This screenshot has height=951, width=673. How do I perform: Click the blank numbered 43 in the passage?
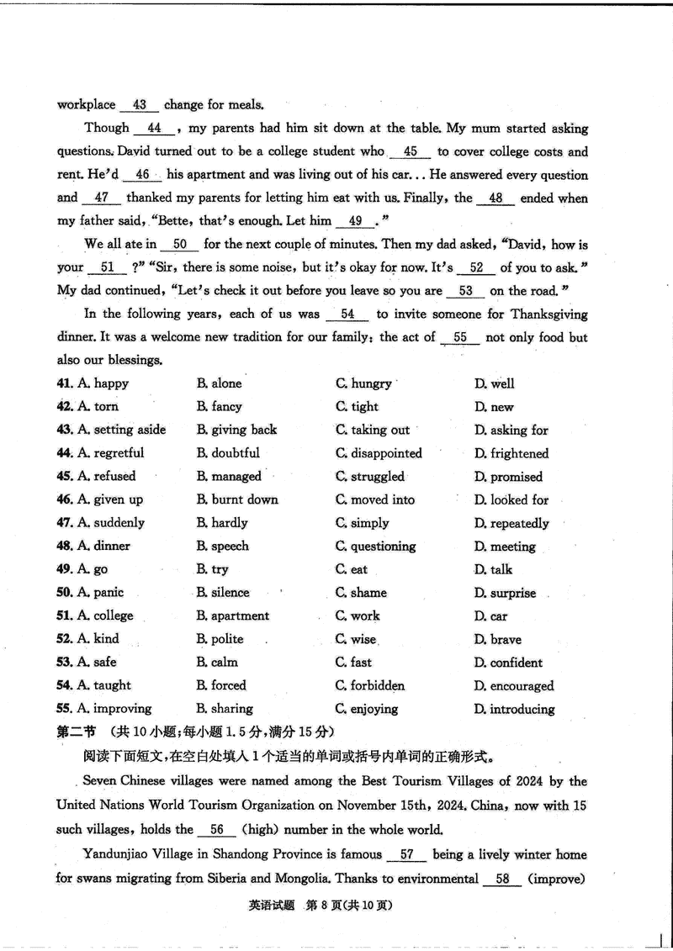click(140, 105)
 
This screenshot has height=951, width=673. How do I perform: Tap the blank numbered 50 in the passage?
click(179, 245)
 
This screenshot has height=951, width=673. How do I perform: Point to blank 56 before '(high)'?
click(217, 830)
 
